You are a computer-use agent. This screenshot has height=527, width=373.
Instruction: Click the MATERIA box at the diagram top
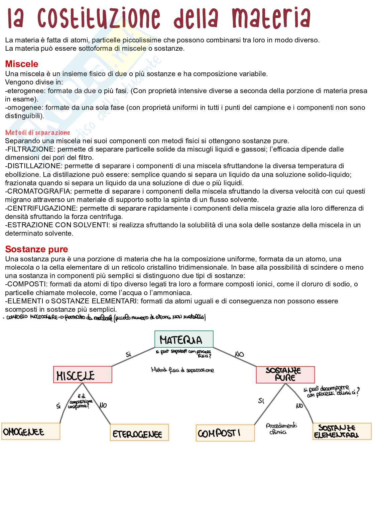(184, 339)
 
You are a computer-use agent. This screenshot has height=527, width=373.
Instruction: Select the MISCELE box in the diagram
(83, 375)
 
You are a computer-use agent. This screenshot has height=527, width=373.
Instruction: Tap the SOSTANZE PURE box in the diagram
(285, 374)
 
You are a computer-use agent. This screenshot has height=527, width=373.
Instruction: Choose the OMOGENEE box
(31, 432)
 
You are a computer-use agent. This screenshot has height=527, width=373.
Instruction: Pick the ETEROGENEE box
(139, 433)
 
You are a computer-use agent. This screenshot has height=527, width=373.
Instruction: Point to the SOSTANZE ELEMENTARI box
(342, 432)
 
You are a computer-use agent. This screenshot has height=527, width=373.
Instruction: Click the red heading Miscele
(22, 64)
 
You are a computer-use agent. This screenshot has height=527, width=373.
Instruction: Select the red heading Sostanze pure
(36, 249)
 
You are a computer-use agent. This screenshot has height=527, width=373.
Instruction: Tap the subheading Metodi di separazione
(37, 133)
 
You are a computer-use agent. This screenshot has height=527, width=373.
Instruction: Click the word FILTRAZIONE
(30, 149)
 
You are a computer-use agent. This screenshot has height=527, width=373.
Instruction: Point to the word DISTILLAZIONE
(33, 166)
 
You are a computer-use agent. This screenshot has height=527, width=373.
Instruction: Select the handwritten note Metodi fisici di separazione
(182, 370)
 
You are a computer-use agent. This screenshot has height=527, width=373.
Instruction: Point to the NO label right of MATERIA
(239, 354)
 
